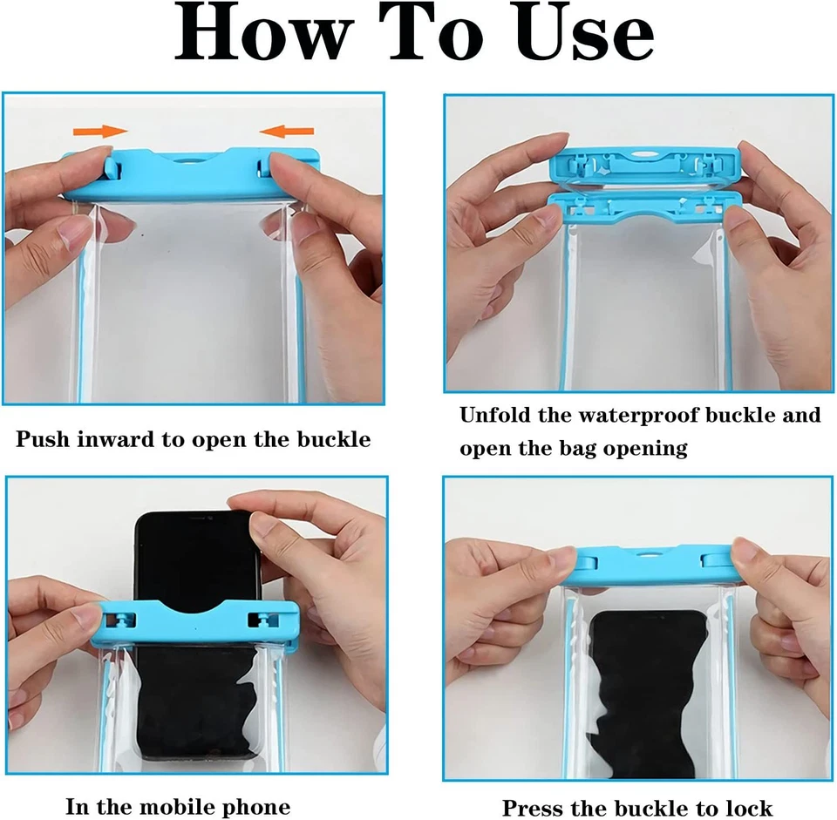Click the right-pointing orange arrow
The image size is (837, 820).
[100, 132]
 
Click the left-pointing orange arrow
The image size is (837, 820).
[287, 132]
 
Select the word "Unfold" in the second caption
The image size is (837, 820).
[495, 415]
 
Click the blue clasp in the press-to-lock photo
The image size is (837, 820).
[654, 564]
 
